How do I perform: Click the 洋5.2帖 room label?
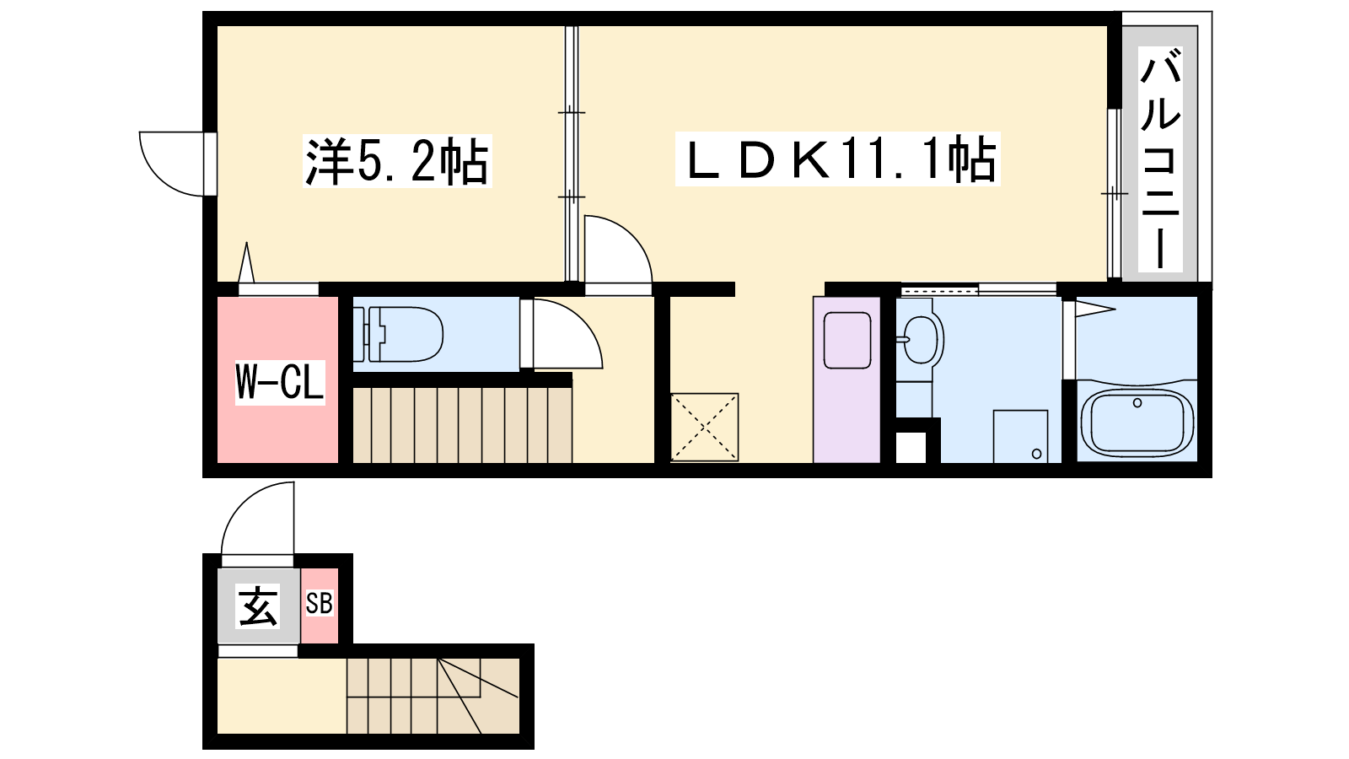pos(397,161)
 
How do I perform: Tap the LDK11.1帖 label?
pos(837,159)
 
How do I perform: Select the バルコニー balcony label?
pos(1160,159)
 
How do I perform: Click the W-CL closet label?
pos(280,382)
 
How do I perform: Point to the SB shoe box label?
pos(320,603)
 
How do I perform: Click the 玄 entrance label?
pos(259,606)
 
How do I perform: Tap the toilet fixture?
pos(398,334)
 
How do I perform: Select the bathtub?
pos(1137,422)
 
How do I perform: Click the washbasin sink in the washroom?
pos(919,340)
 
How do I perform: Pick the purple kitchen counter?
pos(846,379)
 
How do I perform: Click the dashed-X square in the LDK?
pos(704,427)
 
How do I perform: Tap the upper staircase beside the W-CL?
pos(462,425)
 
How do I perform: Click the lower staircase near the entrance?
pos(433,696)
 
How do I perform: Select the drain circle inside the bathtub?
pos(1137,403)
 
